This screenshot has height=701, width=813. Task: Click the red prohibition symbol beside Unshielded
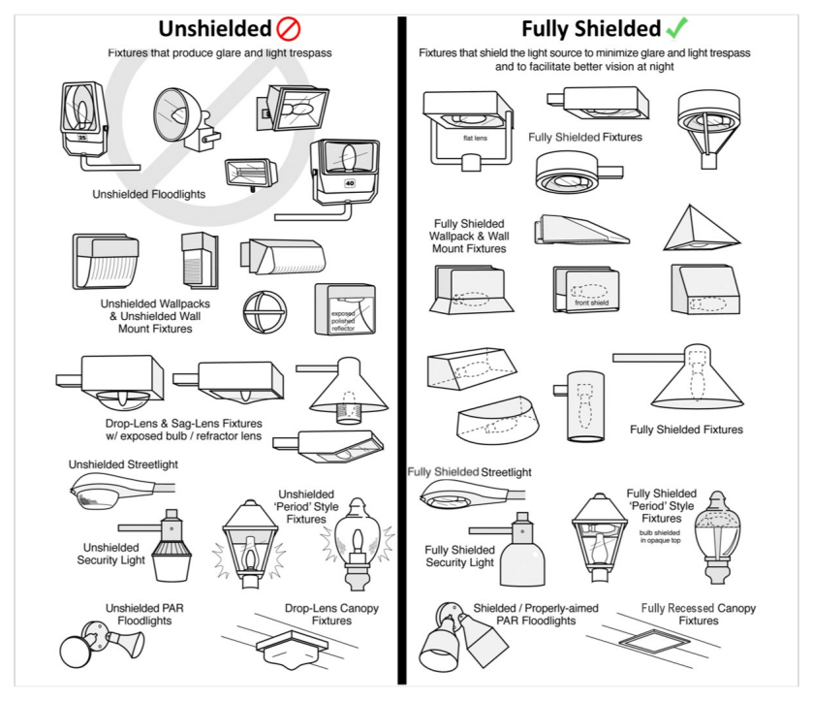(289, 28)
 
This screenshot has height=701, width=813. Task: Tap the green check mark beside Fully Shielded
(676, 27)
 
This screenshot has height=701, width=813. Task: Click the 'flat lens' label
(475, 138)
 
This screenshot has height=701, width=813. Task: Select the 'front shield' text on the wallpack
(591, 303)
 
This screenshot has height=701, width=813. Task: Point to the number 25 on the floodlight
(82, 138)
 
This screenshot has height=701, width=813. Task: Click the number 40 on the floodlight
(350, 183)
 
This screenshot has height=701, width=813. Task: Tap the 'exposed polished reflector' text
(343, 321)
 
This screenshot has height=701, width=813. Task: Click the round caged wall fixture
(265, 312)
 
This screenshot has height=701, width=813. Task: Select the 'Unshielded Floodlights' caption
(149, 194)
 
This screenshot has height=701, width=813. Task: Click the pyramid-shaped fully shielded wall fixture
(702, 229)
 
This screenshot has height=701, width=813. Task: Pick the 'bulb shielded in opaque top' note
(660, 536)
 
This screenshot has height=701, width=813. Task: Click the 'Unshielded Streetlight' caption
(123, 464)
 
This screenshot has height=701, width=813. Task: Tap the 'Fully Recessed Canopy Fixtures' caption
(699, 615)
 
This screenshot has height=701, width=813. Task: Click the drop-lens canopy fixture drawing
(293, 649)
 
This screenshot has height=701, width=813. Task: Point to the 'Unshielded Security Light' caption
(111, 554)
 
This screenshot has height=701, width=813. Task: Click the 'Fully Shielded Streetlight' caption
(469, 472)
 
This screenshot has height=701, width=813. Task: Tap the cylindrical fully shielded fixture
(585, 406)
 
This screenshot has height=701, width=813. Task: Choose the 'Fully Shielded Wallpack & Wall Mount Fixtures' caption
(469, 236)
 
